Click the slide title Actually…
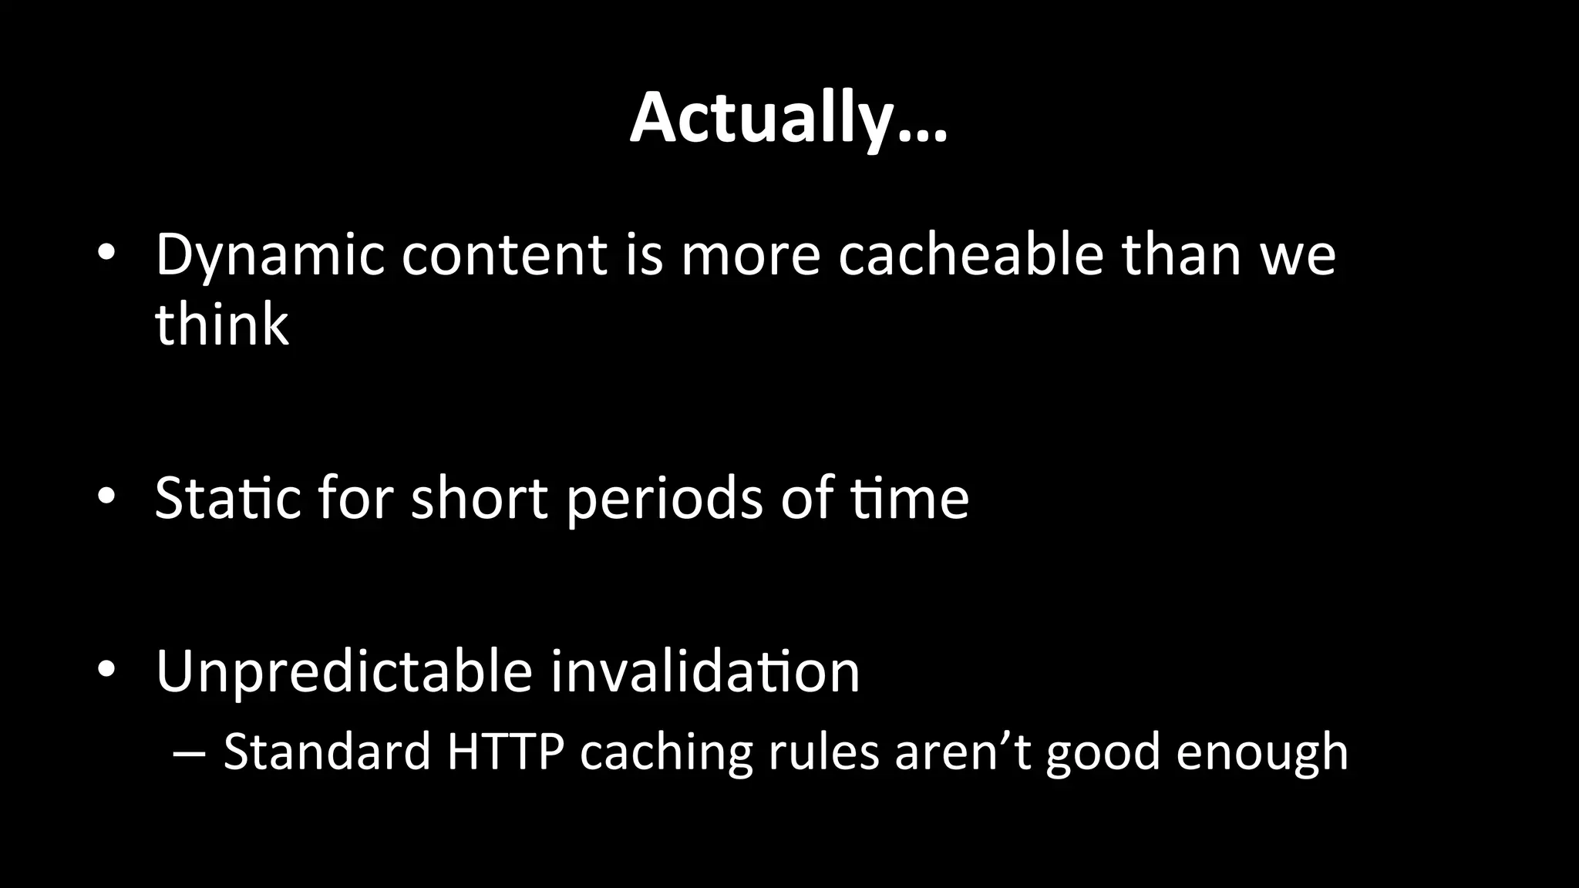788,119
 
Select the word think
221,324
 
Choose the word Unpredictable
343,672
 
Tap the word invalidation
705,672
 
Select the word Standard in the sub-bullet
327,752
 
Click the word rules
823,752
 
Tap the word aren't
963,752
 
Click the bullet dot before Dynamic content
106,254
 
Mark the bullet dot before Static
106,498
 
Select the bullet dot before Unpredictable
106,671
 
